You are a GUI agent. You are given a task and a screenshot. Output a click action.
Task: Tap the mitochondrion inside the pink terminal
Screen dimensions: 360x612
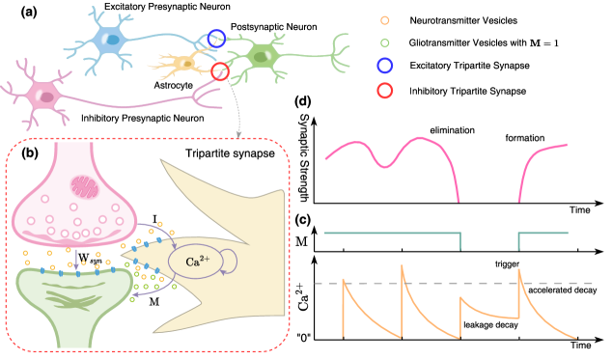click(85, 186)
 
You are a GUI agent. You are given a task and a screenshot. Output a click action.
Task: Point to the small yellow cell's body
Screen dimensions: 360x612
click(182, 65)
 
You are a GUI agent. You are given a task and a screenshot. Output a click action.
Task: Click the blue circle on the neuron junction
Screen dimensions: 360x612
click(216, 39)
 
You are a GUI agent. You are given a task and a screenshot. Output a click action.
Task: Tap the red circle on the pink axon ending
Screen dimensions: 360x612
click(219, 70)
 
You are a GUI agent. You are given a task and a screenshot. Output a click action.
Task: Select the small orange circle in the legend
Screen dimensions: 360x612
click(385, 19)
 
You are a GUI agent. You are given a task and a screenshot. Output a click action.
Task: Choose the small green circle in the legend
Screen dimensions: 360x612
click(385, 42)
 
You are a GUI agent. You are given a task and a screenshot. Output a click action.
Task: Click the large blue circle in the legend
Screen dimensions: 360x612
click(385, 66)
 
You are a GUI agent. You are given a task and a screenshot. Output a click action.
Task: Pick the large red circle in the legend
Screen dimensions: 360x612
click(385, 91)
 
